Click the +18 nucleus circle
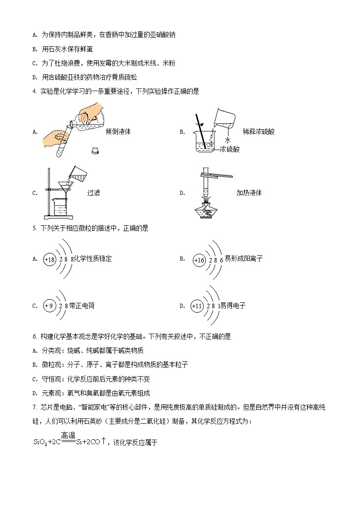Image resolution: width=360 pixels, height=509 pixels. pyautogui.click(x=49, y=259)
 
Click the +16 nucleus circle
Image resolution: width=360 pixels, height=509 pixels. pyautogui.click(x=199, y=260)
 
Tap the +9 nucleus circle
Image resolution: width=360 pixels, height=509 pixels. pyautogui.click(x=49, y=306)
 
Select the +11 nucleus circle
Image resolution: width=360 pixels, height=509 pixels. pyautogui.click(x=197, y=306)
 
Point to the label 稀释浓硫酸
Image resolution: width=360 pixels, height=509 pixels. pyautogui.click(x=258, y=132)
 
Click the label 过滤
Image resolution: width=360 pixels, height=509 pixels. pyautogui.click(x=93, y=193)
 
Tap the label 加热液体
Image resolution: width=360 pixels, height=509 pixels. pyautogui.click(x=249, y=193)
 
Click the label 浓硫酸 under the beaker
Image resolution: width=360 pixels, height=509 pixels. pyautogui.click(x=229, y=149)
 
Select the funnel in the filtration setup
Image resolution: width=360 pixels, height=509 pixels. pyautogui.click(x=68, y=186)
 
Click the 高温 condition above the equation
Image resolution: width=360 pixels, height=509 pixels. pyautogui.click(x=68, y=436)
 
